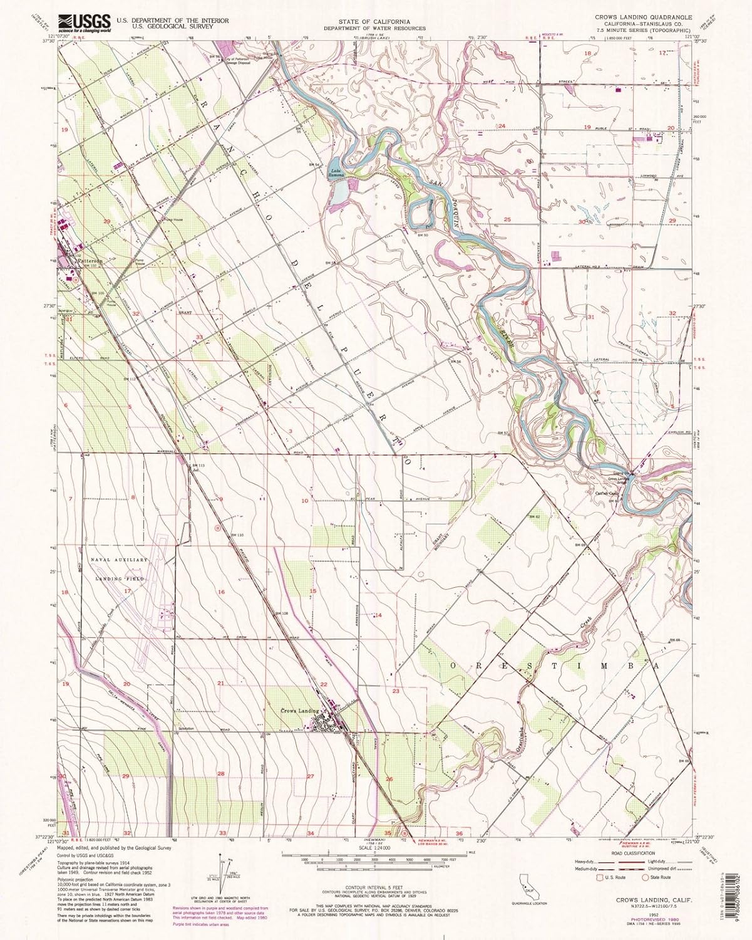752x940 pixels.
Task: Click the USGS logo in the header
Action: [84, 23]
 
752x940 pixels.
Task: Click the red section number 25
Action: [507, 219]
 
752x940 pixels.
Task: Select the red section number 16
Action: [221, 592]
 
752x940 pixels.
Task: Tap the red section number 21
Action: [220, 683]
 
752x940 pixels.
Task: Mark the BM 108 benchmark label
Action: [281, 613]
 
